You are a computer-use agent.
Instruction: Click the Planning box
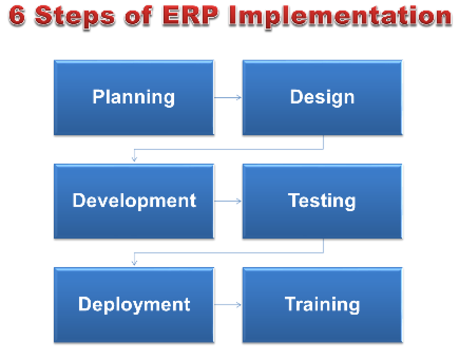point(134,98)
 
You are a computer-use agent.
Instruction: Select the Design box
point(322,98)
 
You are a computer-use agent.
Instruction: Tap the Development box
point(134,202)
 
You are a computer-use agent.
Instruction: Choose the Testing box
point(322,202)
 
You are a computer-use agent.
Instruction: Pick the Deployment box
point(134,305)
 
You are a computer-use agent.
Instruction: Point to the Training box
point(322,305)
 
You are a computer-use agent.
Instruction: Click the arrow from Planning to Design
point(228,98)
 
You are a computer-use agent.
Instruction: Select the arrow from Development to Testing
point(228,201)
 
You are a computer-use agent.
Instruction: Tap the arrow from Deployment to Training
point(228,305)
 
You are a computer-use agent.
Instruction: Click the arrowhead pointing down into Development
point(135,159)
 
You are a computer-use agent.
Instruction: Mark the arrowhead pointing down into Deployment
point(135,263)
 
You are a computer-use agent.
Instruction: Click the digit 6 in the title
point(17,15)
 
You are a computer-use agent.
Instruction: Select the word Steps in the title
point(75,17)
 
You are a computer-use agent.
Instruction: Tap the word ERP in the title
point(190,15)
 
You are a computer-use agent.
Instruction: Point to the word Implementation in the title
point(340,17)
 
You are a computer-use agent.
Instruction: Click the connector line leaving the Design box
point(228,149)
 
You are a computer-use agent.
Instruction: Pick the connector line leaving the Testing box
point(228,252)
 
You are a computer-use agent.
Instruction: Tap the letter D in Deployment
point(84,304)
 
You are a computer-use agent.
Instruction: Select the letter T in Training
point(291,304)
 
